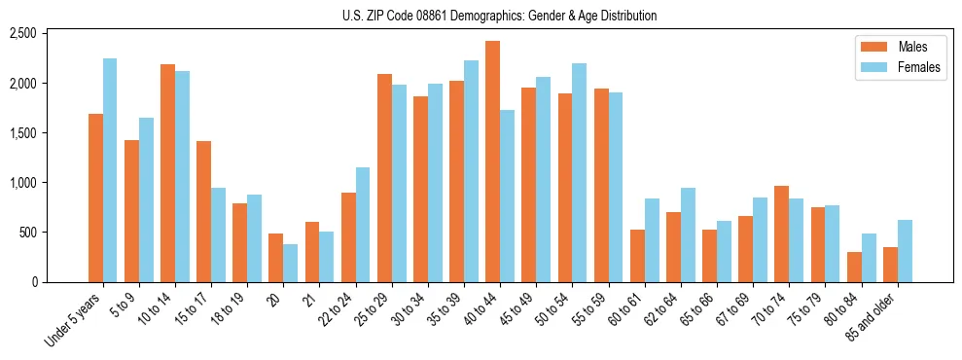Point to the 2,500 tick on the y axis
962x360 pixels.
[x=23, y=34]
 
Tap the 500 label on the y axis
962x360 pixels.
[x=27, y=233]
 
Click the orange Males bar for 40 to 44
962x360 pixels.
[x=492, y=162]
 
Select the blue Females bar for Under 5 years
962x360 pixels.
[x=110, y=170]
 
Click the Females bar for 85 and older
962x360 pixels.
[x=905, y=251]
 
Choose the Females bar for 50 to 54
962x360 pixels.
[x=580, y=173]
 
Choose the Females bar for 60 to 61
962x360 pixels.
[x=652, y=240]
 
